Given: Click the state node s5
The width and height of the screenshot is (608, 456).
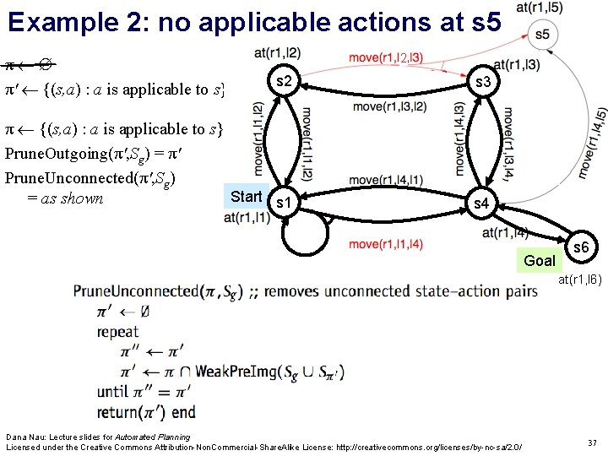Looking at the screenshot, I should [541, 35].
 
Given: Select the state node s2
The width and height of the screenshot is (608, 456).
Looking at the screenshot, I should [285, 81].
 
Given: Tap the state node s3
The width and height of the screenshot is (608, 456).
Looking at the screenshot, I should [484, 82].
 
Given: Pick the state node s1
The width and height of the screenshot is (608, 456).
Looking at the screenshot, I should [285, 204].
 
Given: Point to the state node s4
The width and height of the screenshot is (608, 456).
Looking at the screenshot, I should [480, 204].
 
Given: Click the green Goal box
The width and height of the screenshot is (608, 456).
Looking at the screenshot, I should [540, 260].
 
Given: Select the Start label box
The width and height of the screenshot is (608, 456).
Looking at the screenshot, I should [247, 196].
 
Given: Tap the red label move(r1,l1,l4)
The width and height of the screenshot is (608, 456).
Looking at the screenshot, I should [386, 245].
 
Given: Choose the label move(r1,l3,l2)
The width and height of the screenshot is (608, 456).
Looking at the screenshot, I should [389, 106].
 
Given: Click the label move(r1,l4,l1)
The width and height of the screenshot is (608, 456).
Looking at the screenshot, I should [386, 180].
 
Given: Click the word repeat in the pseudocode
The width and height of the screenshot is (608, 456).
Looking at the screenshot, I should [117, 332].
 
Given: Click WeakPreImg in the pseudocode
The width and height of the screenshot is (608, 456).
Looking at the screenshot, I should [235, 371].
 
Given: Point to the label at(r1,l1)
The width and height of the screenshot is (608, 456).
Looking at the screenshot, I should [247, 218].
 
